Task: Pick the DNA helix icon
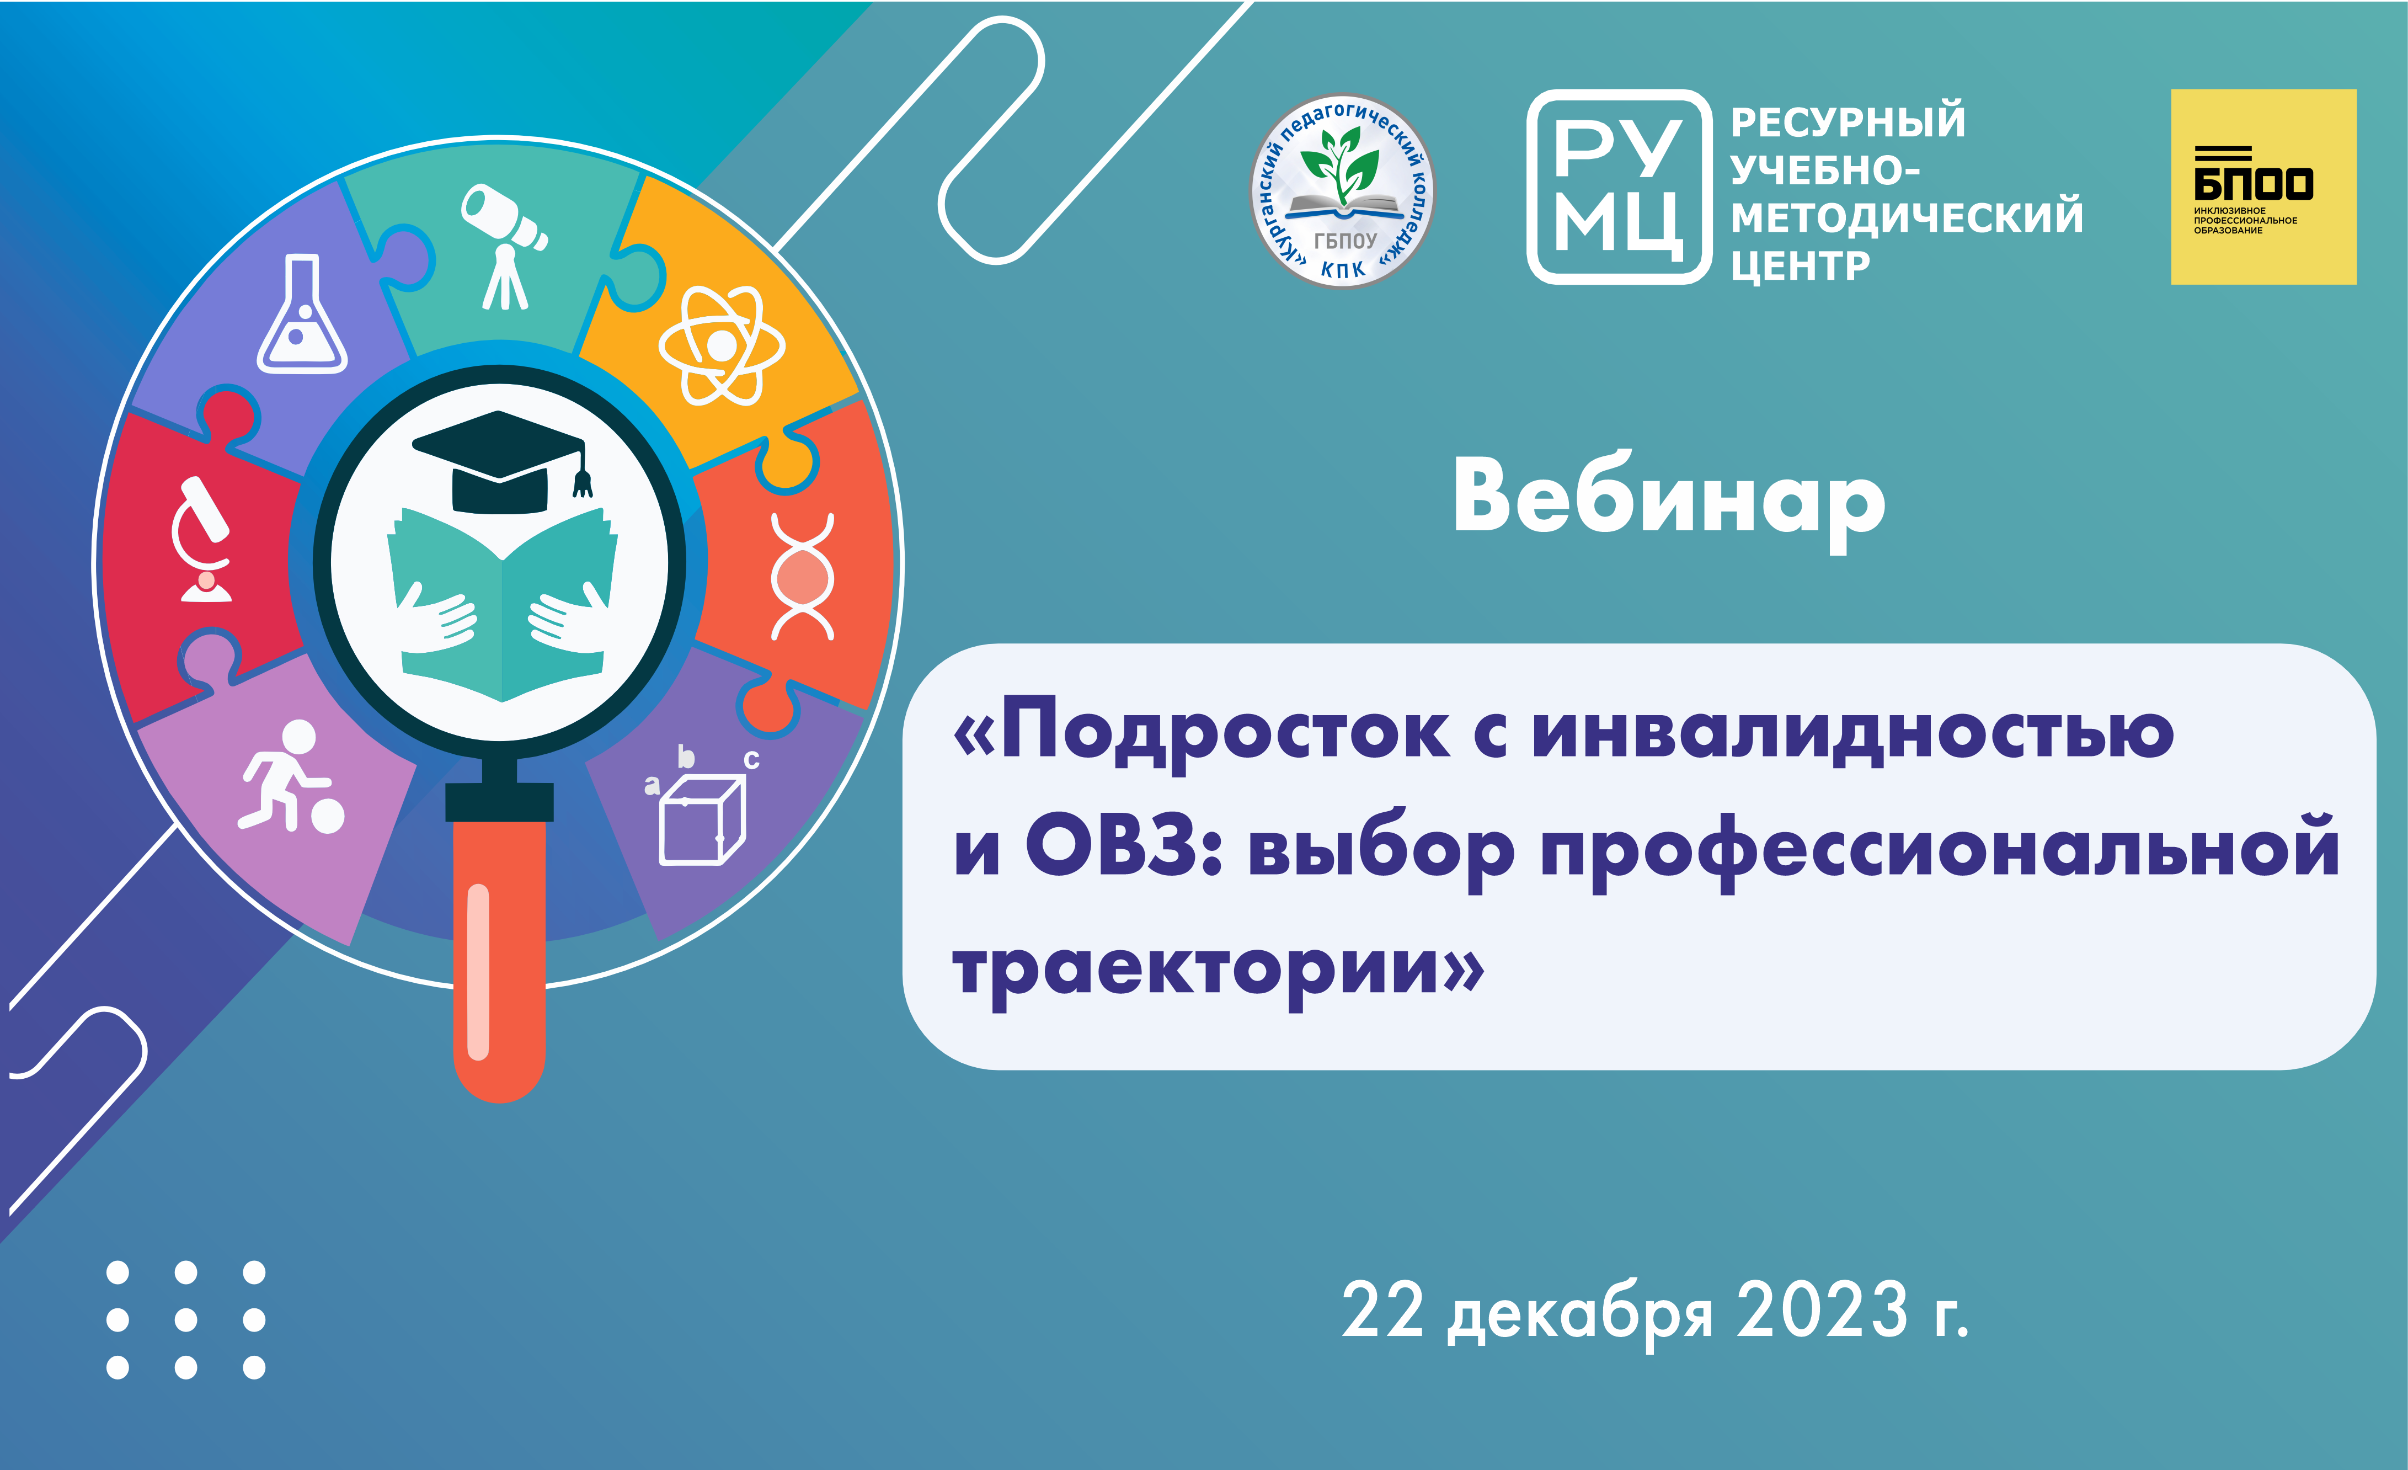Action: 802,577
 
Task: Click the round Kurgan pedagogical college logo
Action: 1343,190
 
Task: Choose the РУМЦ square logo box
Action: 1619,187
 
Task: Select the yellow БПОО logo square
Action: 2263,187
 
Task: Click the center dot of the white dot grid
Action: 186,1319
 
